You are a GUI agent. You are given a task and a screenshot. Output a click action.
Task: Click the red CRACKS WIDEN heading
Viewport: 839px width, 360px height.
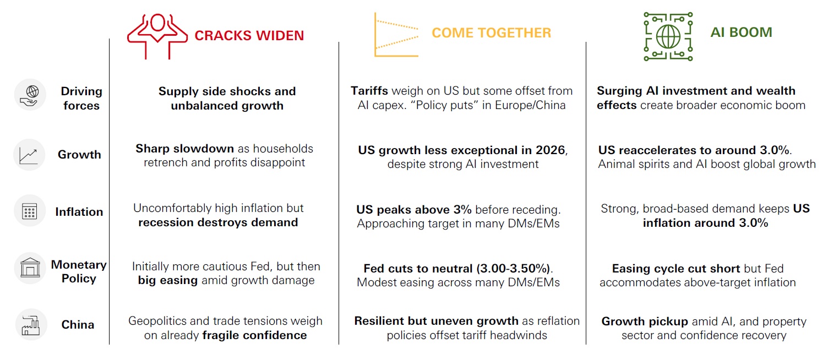[249, 36]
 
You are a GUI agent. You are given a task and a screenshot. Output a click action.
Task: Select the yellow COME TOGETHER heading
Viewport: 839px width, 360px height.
[491, 33]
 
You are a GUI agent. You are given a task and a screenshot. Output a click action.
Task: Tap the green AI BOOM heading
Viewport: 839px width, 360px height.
[741, 32]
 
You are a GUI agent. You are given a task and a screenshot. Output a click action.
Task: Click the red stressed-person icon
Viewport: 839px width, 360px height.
[157, 36]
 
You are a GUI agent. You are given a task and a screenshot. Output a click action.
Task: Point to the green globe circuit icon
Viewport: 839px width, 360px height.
[668, 36]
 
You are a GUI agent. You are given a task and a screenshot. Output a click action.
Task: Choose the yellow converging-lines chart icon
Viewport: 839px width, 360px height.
[396, 35]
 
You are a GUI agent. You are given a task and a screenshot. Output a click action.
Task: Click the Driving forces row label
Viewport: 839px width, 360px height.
[81, 98]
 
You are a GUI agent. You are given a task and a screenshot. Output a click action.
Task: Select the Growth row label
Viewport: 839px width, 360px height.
[79, 155]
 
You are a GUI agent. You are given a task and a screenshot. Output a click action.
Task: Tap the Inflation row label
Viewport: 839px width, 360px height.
[79, 212]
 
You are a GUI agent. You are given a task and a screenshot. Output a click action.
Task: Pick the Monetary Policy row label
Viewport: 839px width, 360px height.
[79, 271]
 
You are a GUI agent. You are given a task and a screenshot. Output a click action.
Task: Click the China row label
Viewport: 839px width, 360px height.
[78, 325]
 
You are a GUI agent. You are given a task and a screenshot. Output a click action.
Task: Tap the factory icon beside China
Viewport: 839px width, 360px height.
[30, 324]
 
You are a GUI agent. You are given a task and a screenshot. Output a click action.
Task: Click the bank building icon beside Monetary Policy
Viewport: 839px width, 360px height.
[30, 269]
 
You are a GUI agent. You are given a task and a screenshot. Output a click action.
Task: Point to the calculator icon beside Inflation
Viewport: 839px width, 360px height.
[30, 211]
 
